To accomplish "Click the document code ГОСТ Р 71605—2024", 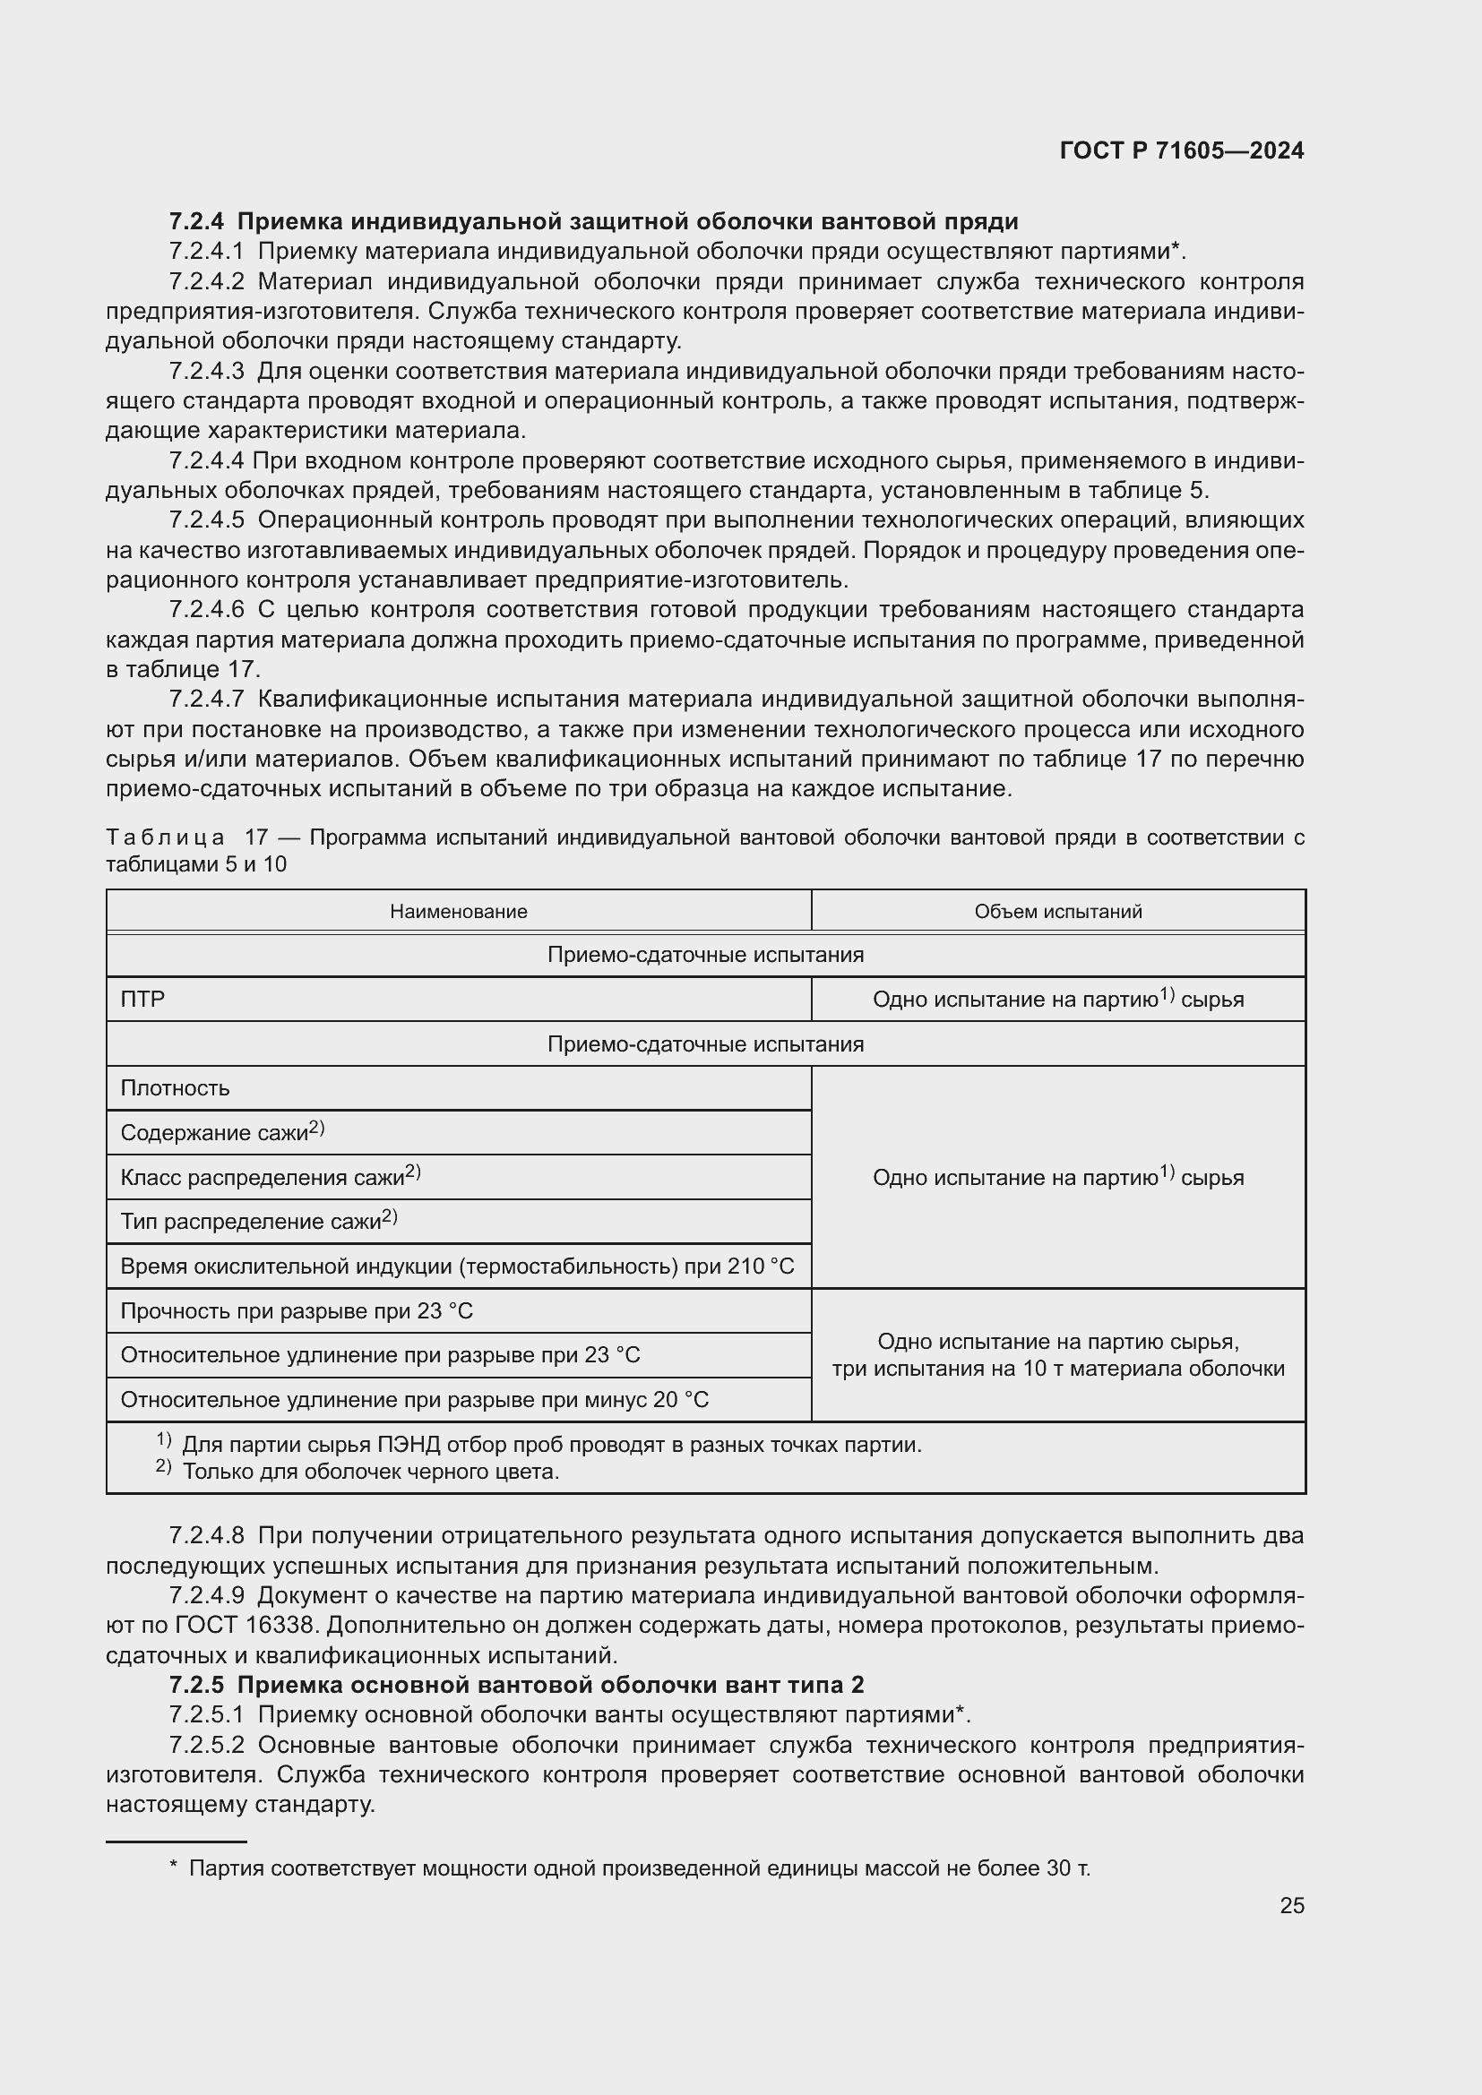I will coord(1182,150).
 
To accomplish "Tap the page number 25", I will coord(1291,1905).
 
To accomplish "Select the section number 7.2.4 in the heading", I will coord(196,222).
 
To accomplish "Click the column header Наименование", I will coord(458,912).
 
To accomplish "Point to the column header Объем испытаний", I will coord(1057,912).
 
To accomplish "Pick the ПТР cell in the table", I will coord(143,1000).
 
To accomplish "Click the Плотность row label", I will coord(176,1088).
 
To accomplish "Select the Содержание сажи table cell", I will coord(221,1132).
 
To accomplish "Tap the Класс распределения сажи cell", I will coord(270,1177).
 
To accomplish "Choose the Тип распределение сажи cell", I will coord(258,1221).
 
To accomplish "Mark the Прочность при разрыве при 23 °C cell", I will coord(297,1311).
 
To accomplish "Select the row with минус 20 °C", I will coord(414,1400).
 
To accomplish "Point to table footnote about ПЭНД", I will coord(551,1445).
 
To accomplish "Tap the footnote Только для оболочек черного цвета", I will coord(371,1471).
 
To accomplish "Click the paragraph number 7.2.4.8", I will coord(206,1536).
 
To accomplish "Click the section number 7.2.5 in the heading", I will coord(196,1685).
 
